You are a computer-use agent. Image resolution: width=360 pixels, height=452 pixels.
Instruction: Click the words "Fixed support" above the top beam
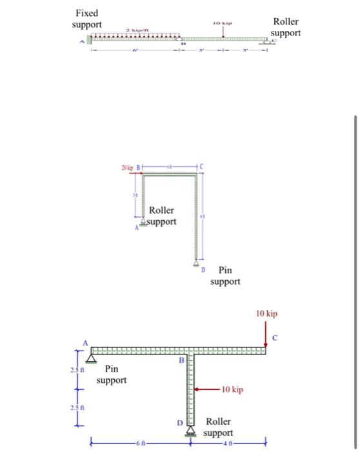coord(86,19)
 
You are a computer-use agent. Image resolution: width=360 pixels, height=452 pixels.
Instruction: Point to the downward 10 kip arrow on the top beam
coord(223,32)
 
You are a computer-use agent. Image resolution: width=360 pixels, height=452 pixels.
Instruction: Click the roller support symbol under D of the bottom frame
coord(190,431)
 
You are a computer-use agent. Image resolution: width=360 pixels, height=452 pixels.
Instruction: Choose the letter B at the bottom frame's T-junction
coord(182,359)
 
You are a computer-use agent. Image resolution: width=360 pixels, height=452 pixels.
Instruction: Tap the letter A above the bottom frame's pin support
coord(84,342)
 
